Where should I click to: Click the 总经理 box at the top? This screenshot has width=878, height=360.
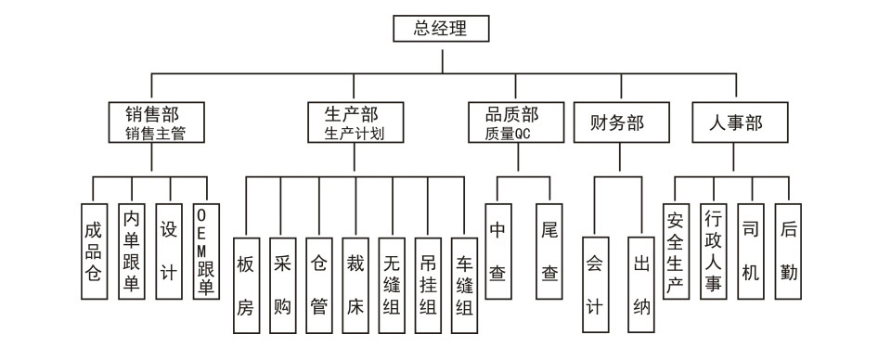[x=441, y=29]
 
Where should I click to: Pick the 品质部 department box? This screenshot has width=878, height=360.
[x=511, y=122]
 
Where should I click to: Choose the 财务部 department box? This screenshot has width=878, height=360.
[x=617, y=122]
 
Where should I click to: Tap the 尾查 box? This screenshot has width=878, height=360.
[x=549, y=251]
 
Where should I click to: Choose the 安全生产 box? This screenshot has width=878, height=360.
[x=675, y=251]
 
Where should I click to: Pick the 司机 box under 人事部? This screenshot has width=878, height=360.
[x=750, y=251]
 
